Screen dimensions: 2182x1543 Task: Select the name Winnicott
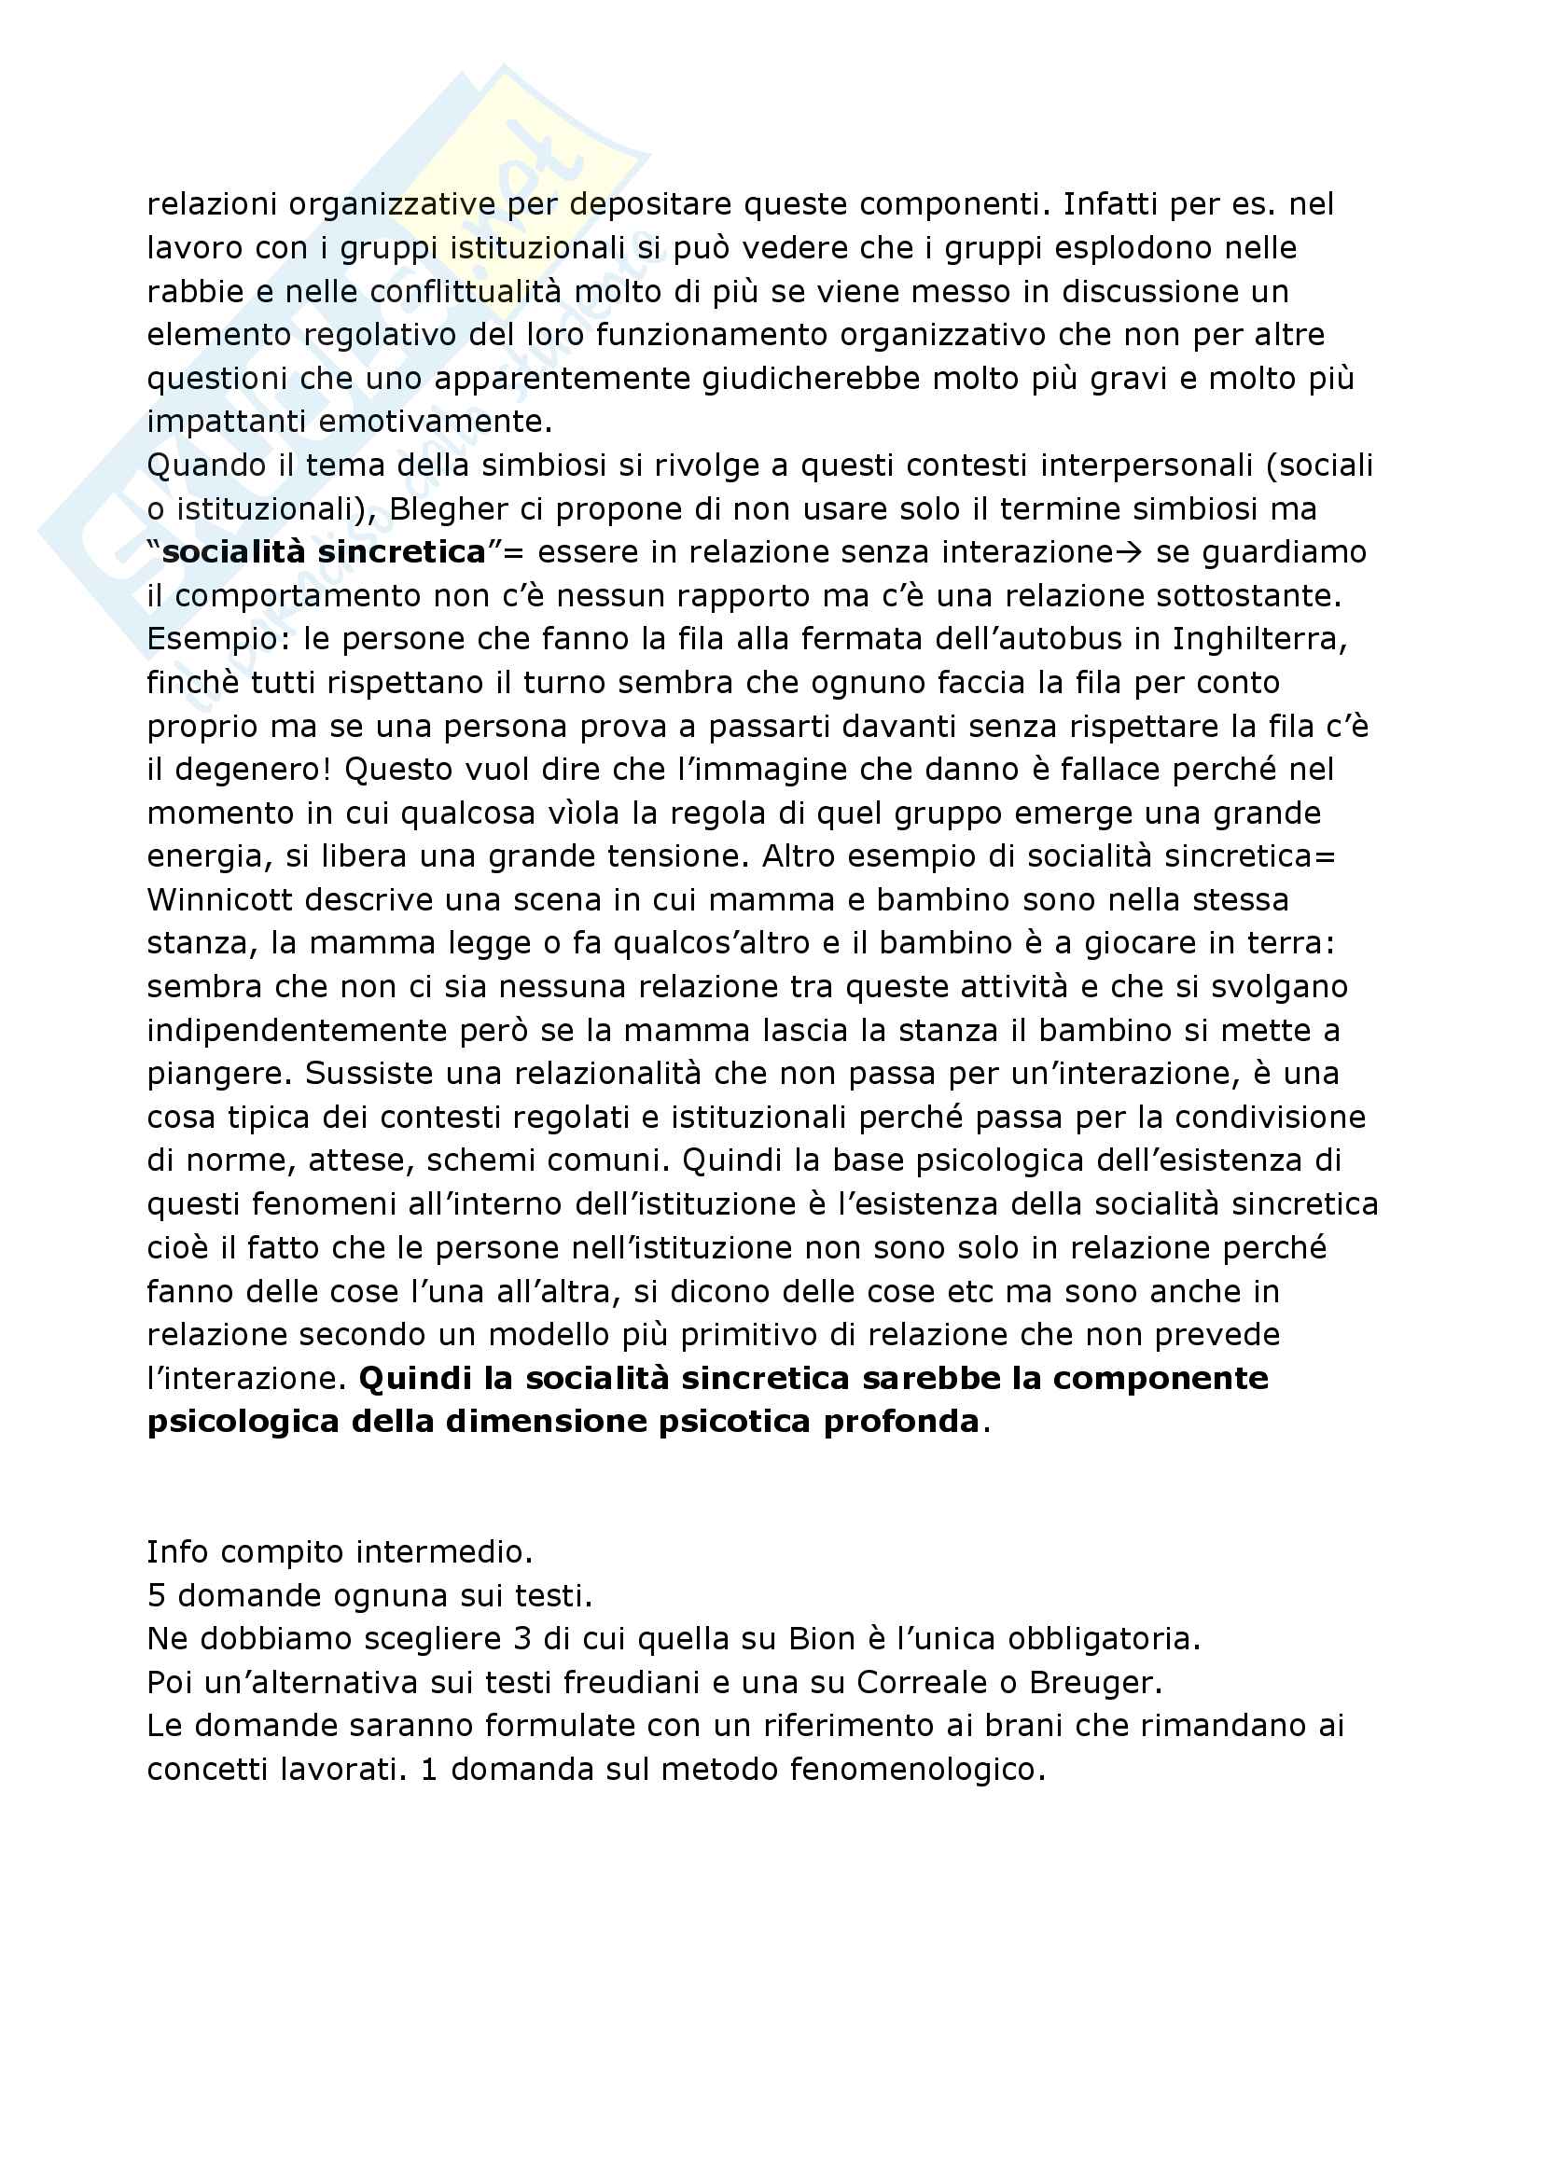click(223, 899)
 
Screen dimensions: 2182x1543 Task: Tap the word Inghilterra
click(1258, 639)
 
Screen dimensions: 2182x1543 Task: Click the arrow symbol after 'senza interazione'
click(1130, 552)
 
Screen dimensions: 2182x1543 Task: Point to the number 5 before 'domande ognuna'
click(156, 1595)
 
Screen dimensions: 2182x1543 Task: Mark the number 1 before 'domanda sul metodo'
click(427, 1769)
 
